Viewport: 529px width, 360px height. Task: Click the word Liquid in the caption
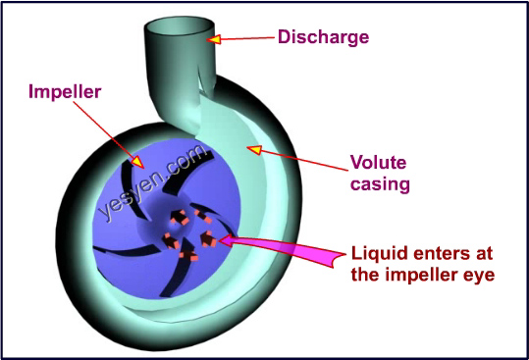375,253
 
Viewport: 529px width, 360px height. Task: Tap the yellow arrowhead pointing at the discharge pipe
213,39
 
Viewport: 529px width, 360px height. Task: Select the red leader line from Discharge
245,39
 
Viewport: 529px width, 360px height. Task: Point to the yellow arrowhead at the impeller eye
224,238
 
